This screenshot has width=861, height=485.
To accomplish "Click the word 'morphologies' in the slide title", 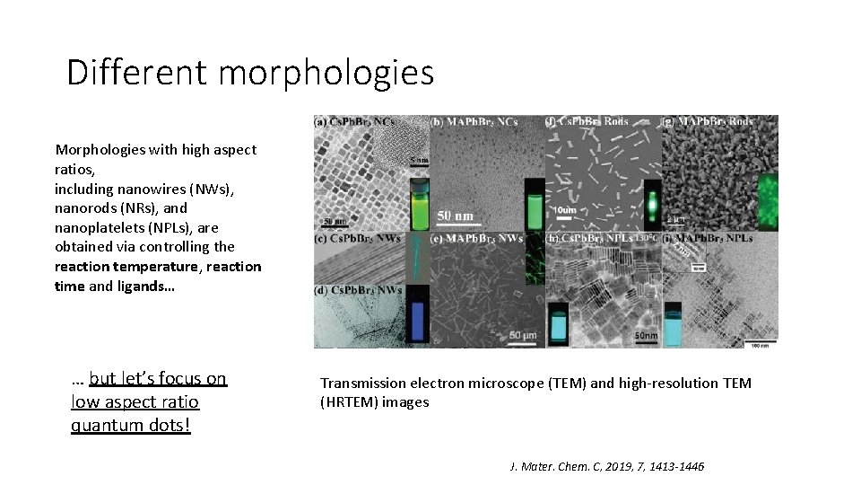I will coord(326,74).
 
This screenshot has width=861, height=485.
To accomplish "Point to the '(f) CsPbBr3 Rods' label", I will coord(588,121).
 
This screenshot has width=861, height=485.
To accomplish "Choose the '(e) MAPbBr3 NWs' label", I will coord(474,239).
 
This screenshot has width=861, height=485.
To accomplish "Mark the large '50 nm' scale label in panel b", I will coord(456,216).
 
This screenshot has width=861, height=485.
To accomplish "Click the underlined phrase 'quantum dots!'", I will coord(131,425).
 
